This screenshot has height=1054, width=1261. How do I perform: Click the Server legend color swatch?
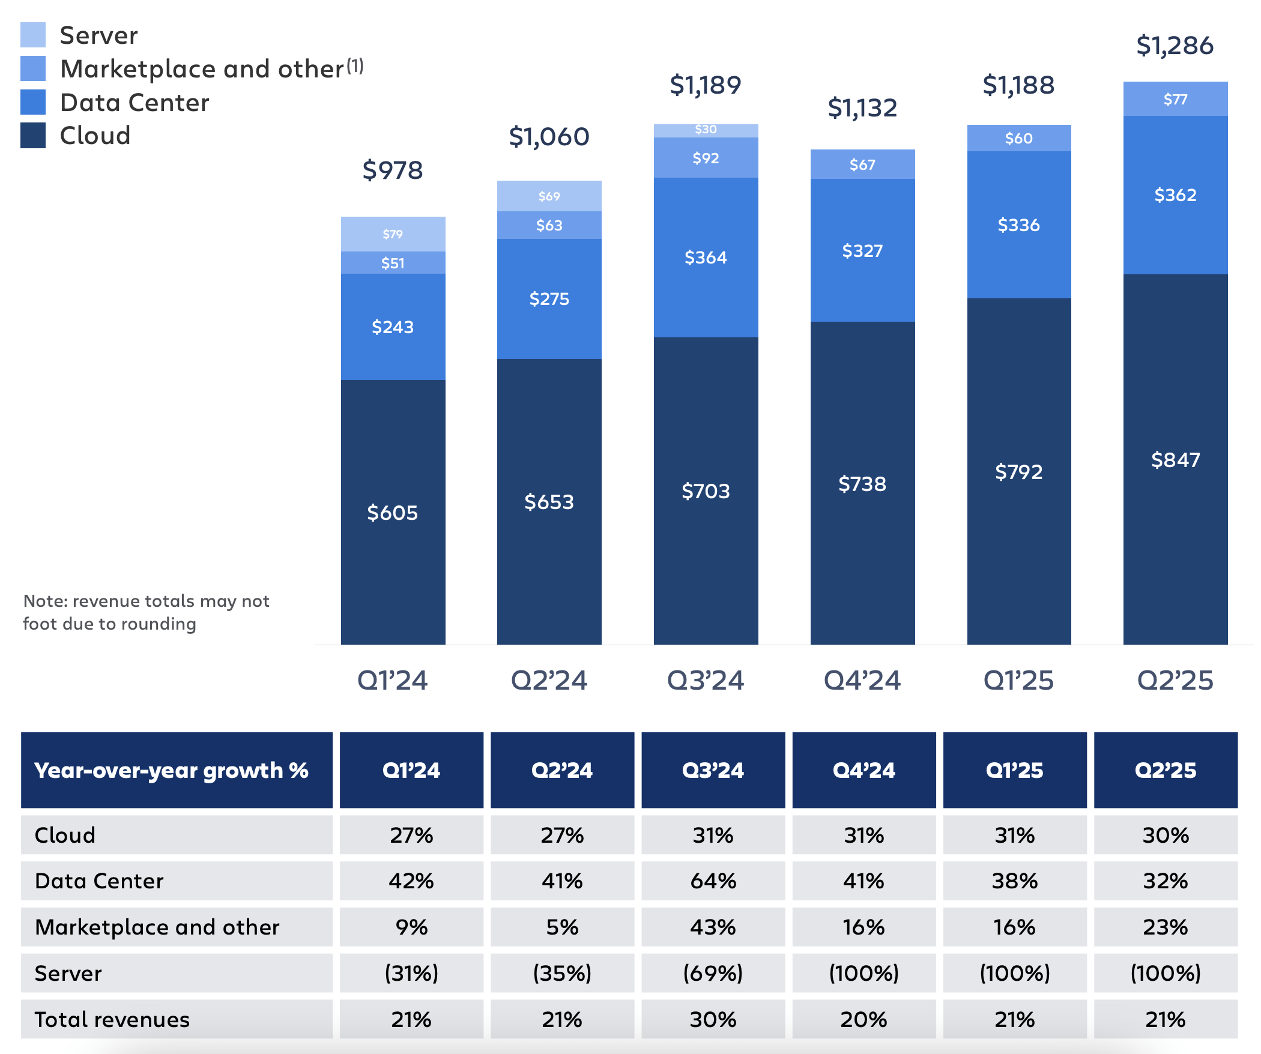pos(33,35)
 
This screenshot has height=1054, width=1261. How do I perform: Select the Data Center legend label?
pos(135,103)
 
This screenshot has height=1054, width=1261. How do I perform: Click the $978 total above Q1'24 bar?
pos(393,170)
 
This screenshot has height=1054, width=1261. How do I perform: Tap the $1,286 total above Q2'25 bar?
pos(1175,46)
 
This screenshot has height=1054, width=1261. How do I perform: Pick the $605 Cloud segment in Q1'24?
pos(393,513)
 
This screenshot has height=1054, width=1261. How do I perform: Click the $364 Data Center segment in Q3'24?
pos(706,257)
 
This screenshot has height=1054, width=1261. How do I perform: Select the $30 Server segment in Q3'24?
pos(706,130)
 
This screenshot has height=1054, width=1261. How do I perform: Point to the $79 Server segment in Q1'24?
pos(393,234)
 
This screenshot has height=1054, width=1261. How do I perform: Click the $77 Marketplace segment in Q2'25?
pos(1175,99)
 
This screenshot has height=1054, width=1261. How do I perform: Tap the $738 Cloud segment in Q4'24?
pos(862,484)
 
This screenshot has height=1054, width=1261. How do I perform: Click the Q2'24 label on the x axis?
pos(549,681)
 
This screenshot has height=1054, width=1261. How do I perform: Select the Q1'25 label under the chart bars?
pos(1018,681)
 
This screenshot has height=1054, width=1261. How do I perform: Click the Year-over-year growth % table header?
pos(171,770)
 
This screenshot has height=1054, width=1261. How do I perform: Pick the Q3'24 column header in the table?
pos(713,770)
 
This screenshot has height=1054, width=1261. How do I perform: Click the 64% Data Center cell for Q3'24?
pos(713,881)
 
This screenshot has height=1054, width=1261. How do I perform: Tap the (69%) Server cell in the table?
pos(713,973)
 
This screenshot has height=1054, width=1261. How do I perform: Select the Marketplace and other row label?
pos(157,927)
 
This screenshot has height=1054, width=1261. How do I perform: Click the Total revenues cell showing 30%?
pos(713,1019)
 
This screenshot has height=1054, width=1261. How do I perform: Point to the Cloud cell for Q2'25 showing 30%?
pos(1165,835)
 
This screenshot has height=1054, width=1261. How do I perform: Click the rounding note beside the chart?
pos(146,612)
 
